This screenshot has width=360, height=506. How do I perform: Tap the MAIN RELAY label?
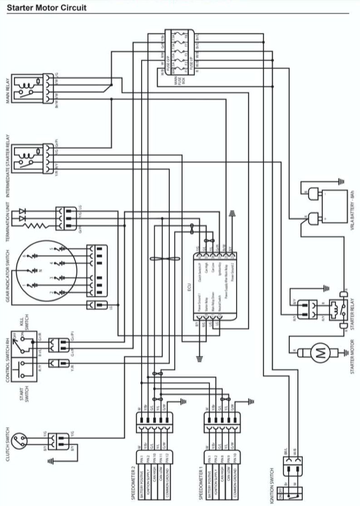pyautogui.click(x=8, y=89)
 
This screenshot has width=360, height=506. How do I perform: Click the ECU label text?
pyautogui.click(x=190, y=288)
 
